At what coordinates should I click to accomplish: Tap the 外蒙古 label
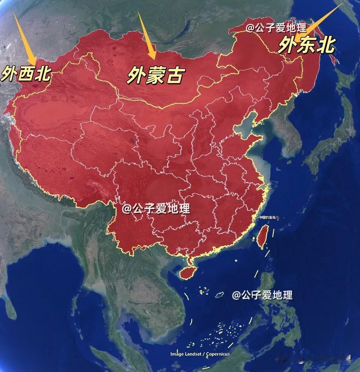[155, 75]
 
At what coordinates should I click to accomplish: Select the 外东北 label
[307, 45]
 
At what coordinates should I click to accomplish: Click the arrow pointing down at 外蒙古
[147, 35]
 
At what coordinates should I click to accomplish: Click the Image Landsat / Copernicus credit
[200, 354]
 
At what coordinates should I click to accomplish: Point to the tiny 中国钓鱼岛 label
[267, 217]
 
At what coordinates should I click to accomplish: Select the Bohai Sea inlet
[245, 129]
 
